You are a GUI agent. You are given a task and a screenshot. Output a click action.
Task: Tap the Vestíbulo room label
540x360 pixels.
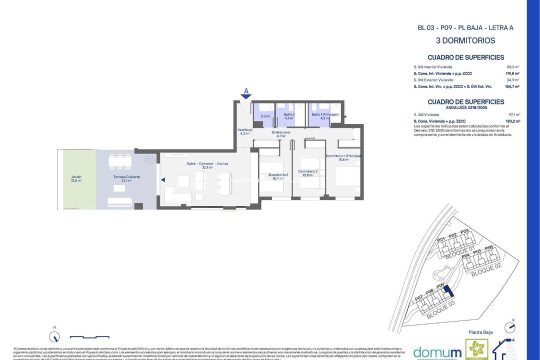[x=244, y=131]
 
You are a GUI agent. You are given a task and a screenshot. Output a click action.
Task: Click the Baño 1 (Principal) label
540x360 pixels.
[x=325, y=116]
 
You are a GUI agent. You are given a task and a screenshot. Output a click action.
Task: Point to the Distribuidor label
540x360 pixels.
[x=281, y=134]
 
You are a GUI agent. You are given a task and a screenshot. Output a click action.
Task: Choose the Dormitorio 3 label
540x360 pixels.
[x=278, y=176]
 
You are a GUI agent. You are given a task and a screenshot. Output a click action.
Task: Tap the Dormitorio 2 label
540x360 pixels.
[x=308, y=173]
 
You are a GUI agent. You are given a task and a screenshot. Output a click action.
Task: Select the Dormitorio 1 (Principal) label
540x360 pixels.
[x=343, y=158]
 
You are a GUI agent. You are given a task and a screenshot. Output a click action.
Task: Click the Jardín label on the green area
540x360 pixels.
[x=76, y=178]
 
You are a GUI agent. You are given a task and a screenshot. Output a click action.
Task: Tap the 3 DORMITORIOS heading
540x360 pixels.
[x=465, y=40]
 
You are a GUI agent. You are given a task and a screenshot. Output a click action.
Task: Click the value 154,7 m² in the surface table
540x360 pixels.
[x=512, y=86]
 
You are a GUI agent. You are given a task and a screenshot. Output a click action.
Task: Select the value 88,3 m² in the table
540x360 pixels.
[x=513, y=66]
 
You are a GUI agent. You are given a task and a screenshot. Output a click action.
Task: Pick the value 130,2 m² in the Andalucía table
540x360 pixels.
[x=512, y=121]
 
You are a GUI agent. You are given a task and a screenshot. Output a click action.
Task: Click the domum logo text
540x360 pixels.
[x=437, y=351]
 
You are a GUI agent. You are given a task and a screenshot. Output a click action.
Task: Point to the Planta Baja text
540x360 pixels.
[x=481, y=332]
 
